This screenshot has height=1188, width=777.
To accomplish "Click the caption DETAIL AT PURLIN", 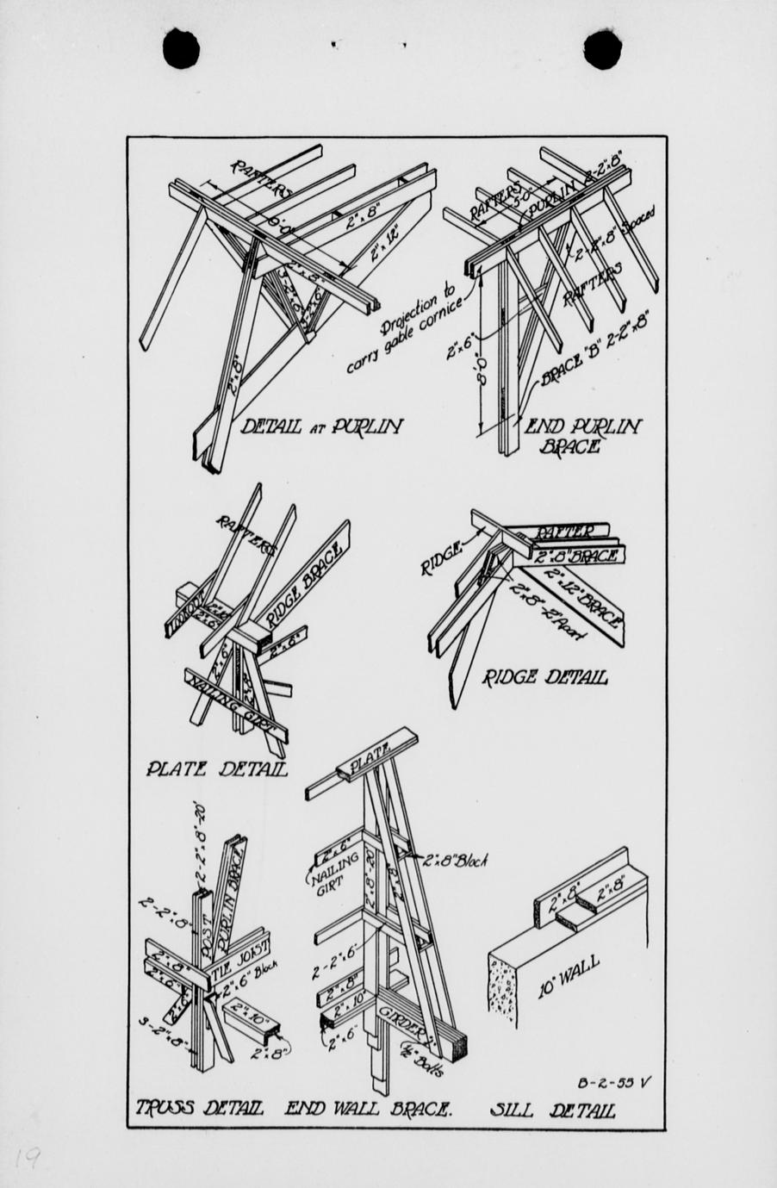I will click(320, 426).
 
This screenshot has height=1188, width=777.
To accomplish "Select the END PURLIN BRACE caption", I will click(583, 435).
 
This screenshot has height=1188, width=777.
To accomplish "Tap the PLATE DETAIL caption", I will click(215, 768).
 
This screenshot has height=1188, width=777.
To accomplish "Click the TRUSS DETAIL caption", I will click(199, 1109).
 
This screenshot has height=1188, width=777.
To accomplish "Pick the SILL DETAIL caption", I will click(552, 1109).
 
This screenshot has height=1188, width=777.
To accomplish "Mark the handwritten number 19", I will click(28, 1159).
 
